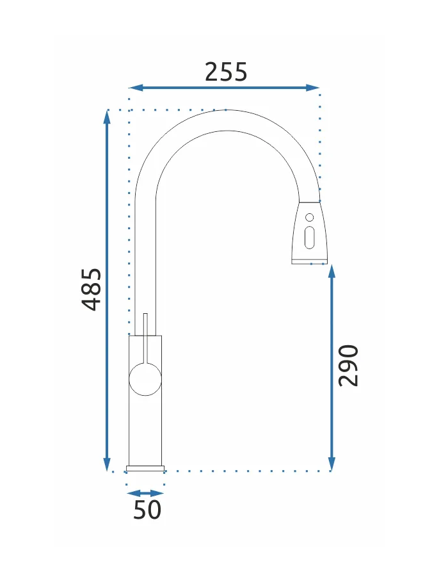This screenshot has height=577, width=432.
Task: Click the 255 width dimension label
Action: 226,72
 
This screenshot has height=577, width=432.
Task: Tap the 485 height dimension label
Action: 91,289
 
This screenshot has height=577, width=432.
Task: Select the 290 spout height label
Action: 348,366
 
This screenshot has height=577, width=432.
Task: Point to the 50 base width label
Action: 147,510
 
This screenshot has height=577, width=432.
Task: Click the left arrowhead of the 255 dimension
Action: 135,88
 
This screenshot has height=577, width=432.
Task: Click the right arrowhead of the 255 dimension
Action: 312,88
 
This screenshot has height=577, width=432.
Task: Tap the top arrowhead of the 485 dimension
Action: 107,117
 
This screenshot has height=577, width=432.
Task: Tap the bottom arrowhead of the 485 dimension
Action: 107,464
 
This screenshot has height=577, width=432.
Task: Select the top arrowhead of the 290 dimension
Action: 332,271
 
